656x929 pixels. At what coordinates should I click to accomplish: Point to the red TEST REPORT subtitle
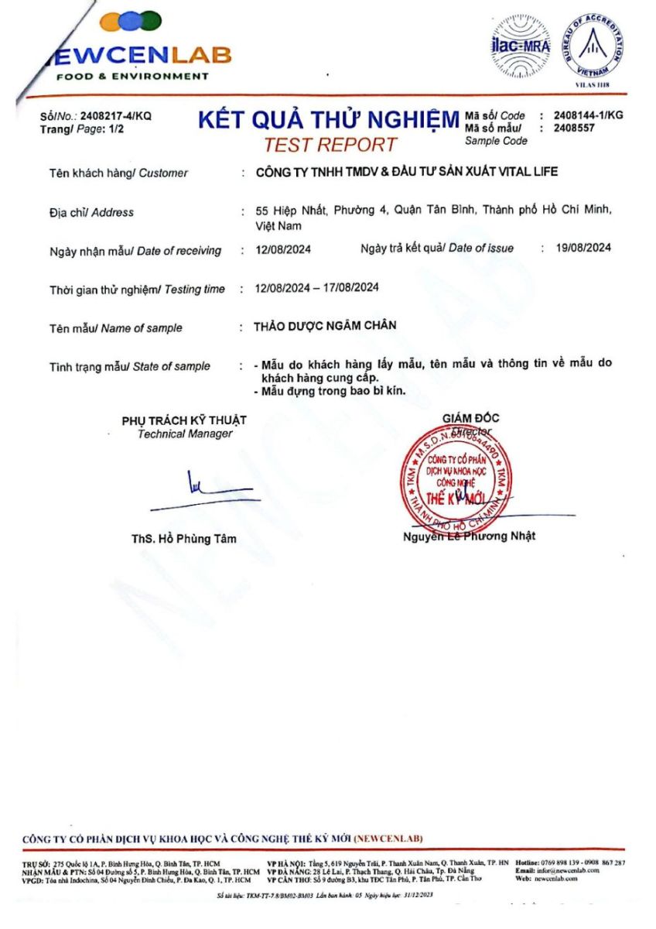point(330,144)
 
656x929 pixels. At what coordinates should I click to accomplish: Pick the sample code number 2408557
point(575,128)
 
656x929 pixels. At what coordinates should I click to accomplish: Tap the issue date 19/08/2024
point(584,248)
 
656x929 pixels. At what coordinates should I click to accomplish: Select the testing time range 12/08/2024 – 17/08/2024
point(316,288)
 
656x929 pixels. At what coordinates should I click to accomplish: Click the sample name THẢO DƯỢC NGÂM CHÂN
point(325,326)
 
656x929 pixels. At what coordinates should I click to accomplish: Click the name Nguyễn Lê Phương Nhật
point(469,536)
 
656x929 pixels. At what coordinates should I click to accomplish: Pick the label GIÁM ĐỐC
point(470,418)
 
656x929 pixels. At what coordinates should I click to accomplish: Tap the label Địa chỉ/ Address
point(91,212)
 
